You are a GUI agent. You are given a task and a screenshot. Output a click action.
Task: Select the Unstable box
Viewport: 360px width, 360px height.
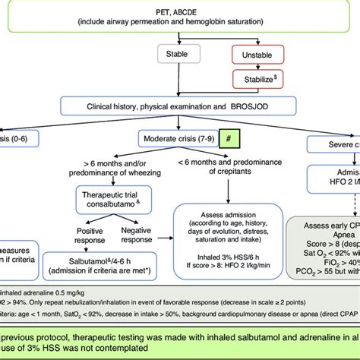[257, 55]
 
